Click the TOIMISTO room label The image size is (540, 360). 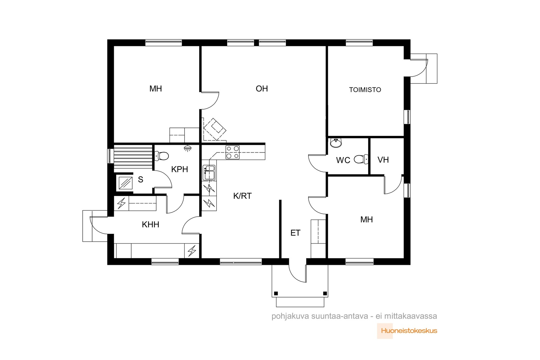pyautogui.click(x=365, y=90)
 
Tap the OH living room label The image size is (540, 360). pyautogui.click(x=262, y=89)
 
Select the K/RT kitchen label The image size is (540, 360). pyautogui.click(x=242, y=196)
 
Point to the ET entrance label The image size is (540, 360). pyautogui.click(x=295, y=233)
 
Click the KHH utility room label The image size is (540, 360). pyautogui.click(x=151, y=225)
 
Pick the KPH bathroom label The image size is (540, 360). pyautogui.click(x=180, y=169)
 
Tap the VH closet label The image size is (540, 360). pyautogui.click(x=383, y=160)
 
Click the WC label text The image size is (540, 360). pyautogui.click(x=343, y=160)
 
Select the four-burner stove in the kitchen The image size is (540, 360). pyautogui.click(x=233, y=152)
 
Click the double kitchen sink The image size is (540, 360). pyautogui.click(x=209, y=172)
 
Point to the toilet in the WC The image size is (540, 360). pyautogui.click(x=361, y=159)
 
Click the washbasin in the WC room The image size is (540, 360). pyautogui.click(x=335, y=143)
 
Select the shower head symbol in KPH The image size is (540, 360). pyautogui.click(x=187, y=148)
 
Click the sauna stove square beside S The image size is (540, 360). pyautogui.click(x=126, y=183)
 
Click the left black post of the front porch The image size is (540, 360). pyautogui.click(x=276, y=294)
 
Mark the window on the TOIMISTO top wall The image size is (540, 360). pyautogui.click(x=359, y=43)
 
